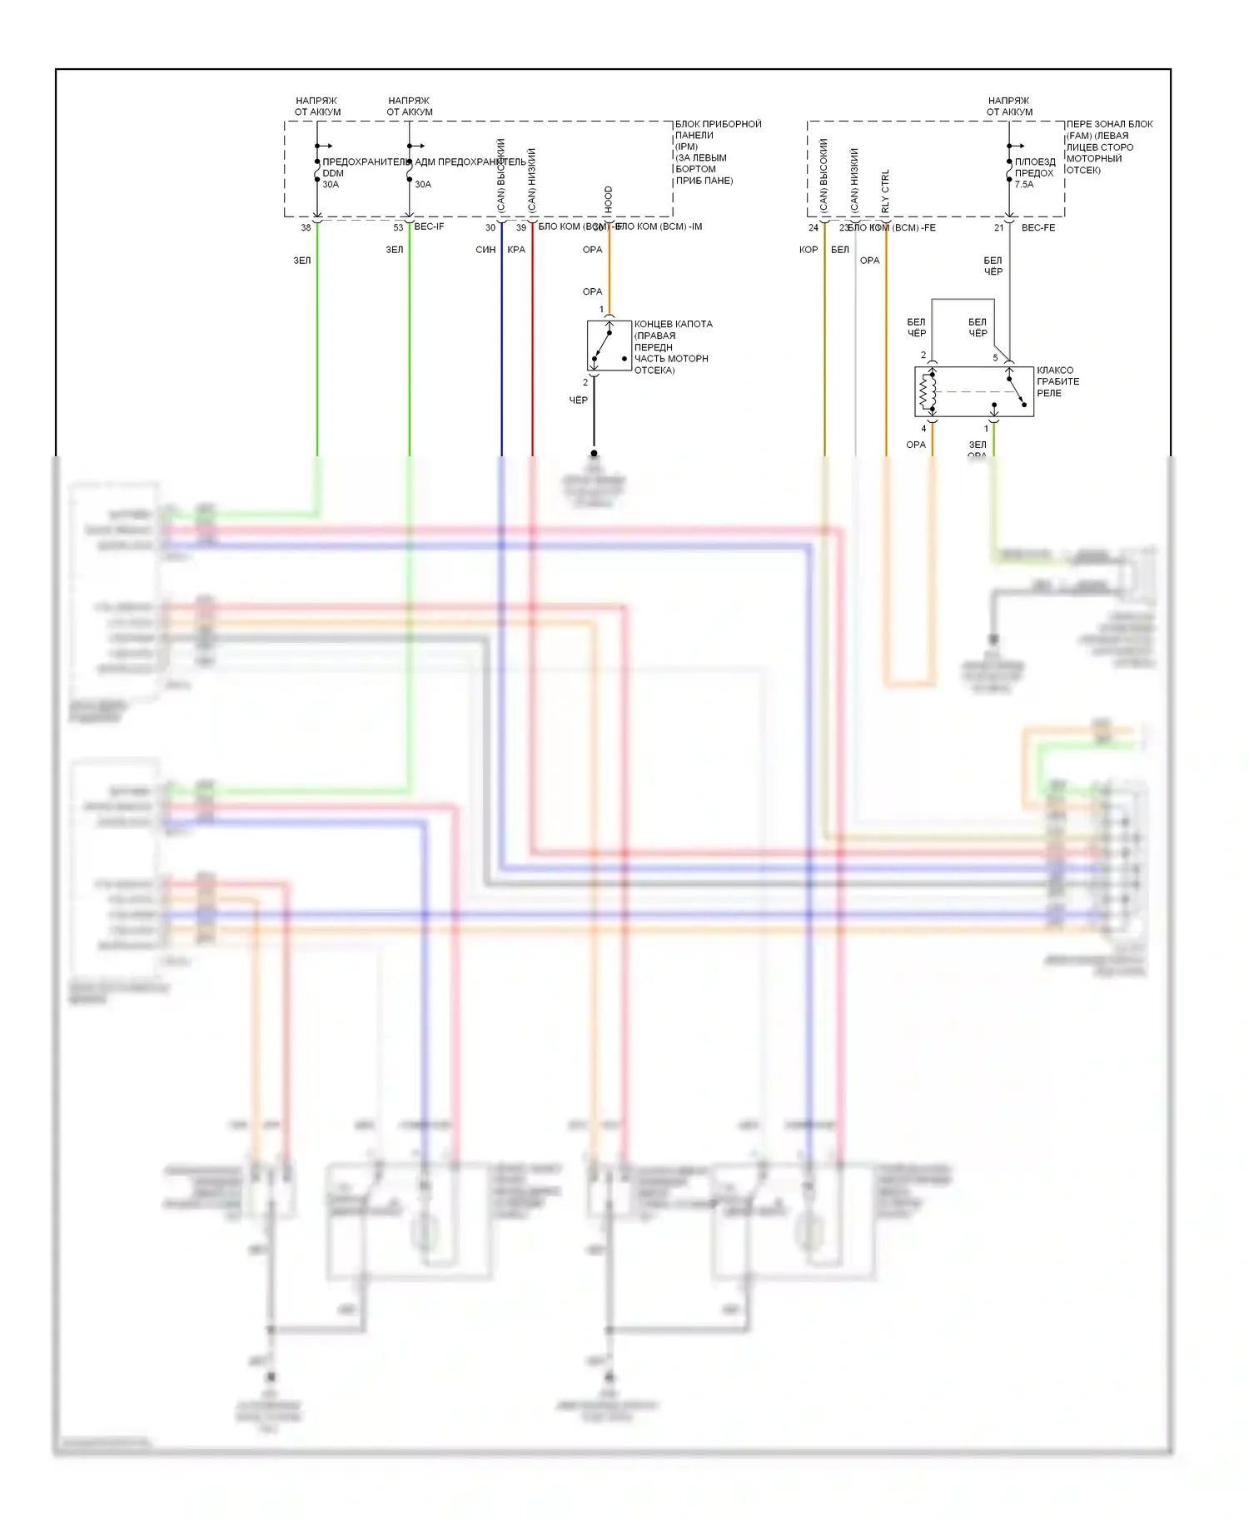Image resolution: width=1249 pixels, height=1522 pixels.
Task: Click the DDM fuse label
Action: coord(333,173)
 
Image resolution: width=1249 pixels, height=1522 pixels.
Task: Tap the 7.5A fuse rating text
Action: coord(1024,185)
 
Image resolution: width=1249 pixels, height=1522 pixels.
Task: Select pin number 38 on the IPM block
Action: coord(306,227)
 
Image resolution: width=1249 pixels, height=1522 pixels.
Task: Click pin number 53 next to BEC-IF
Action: coord(398,227)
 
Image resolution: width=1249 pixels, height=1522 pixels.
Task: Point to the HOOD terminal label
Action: coord(609,199)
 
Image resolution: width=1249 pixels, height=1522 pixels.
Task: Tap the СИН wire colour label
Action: coord(485,250)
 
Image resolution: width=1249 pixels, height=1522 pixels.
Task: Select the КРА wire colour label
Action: coord(516,250)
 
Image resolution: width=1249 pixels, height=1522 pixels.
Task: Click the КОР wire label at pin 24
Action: coord(809,250)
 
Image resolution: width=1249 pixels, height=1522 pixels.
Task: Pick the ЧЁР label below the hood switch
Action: coord(578,400)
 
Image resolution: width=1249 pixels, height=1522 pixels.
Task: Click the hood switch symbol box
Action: coord(609,346)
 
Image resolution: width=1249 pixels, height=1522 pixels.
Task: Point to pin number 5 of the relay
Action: coord(995,358)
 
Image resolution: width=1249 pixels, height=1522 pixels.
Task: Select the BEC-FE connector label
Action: coord(1038,227)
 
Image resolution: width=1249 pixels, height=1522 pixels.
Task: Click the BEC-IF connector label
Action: coord(429,226)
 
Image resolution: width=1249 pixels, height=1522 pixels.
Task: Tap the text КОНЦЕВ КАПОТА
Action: coord(673,324)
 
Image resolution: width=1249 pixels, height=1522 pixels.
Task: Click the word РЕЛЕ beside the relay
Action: coord(1049,393)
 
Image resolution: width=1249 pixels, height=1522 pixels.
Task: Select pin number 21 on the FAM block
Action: coord(998,227)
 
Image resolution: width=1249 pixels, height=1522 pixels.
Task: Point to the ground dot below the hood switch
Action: coord(594,454)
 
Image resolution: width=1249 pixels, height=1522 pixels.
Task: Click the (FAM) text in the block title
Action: coord(1079,136)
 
